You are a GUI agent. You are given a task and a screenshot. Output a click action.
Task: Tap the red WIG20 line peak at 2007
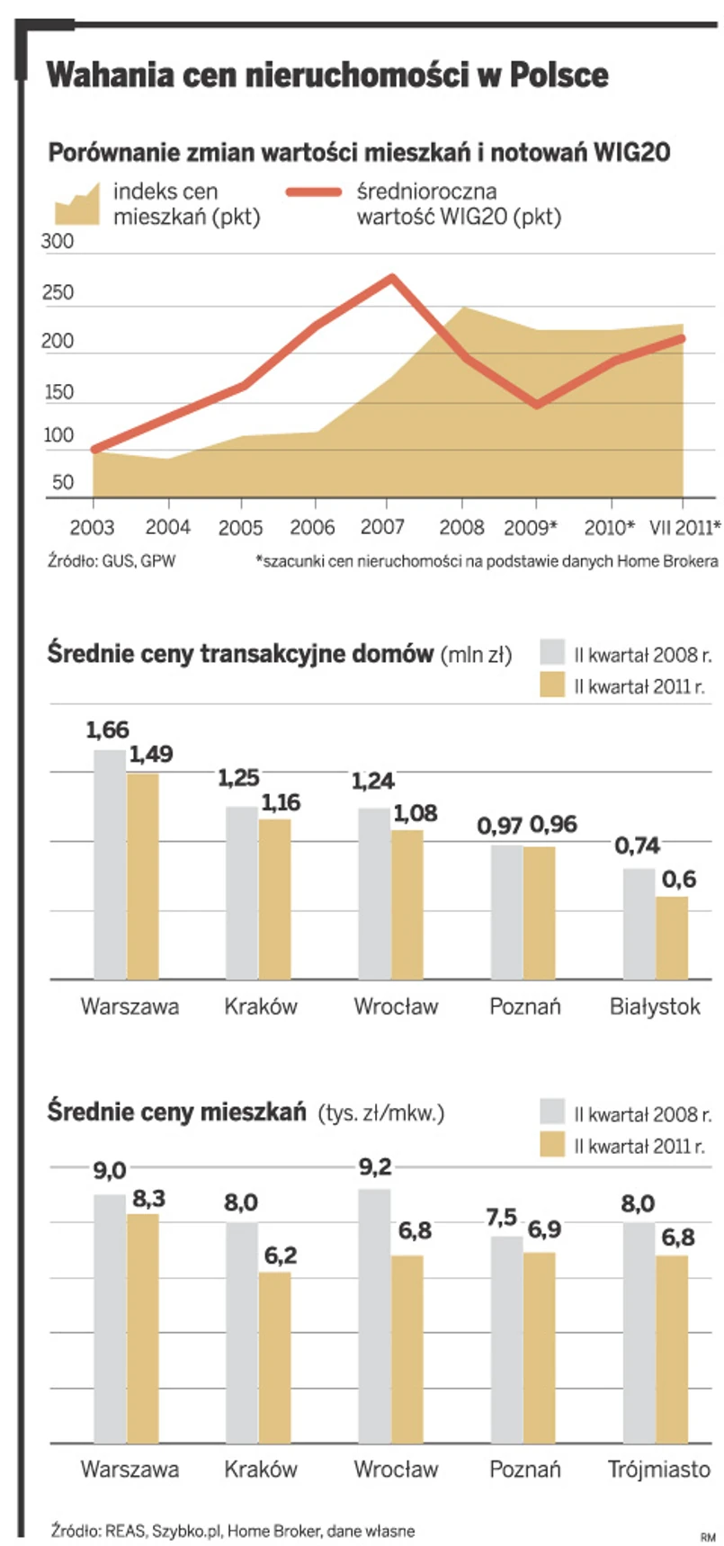[391, 277]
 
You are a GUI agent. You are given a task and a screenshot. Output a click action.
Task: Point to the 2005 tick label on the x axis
[241, 528]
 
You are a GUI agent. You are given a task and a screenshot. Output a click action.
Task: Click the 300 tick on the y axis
[58, 243]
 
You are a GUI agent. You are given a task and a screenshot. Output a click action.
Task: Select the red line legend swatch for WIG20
[313, 192]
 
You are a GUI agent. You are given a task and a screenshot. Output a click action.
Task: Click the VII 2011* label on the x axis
[685, 528]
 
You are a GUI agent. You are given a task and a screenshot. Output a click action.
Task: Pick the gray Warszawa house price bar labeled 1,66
[110, 863]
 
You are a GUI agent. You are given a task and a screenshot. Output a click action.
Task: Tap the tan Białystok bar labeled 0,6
[672, 937]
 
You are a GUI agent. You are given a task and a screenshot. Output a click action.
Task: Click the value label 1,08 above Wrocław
[415, 814]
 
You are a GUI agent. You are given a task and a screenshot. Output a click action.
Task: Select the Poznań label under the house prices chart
[525, 1006]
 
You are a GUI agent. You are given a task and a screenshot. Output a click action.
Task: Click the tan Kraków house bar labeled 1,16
[274, 898]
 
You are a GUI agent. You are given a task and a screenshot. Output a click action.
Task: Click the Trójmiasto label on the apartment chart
[659, 1470]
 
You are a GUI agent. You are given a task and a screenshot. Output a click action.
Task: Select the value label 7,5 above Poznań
[502, 1218]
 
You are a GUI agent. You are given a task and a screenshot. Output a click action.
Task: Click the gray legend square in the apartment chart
[552, 1112]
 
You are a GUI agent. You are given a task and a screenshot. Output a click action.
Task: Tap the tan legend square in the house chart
[552, 685]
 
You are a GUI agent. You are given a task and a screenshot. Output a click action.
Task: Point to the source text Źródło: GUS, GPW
[112, 561]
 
